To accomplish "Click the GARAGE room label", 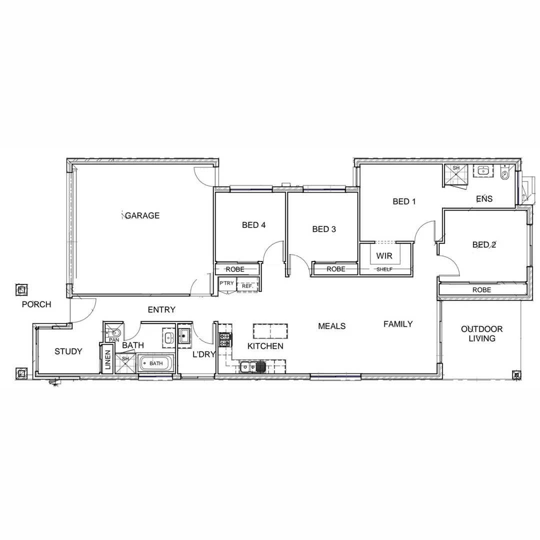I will pos(142,215).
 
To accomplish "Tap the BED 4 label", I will pos(253,225).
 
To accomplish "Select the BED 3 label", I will pos(324,229).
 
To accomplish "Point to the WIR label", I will pos(384,256).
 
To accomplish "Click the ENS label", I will pos(484,198).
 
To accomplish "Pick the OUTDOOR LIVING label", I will pos(482,333).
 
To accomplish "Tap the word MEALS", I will pos(332,326).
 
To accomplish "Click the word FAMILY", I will pos(398,324).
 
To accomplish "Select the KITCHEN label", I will pos(265,346).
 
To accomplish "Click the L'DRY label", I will pos(204,354).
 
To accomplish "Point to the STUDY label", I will pos(68,351).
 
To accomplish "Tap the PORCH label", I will pos(36,304).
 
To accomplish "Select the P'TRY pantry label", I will pos(226,283).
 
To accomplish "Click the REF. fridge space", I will pos(247,286).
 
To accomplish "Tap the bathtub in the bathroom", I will pos(156,363).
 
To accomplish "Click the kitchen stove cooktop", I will pos(225,340).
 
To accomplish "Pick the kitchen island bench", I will pos(270,330).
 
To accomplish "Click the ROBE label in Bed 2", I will pos(481,290).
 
